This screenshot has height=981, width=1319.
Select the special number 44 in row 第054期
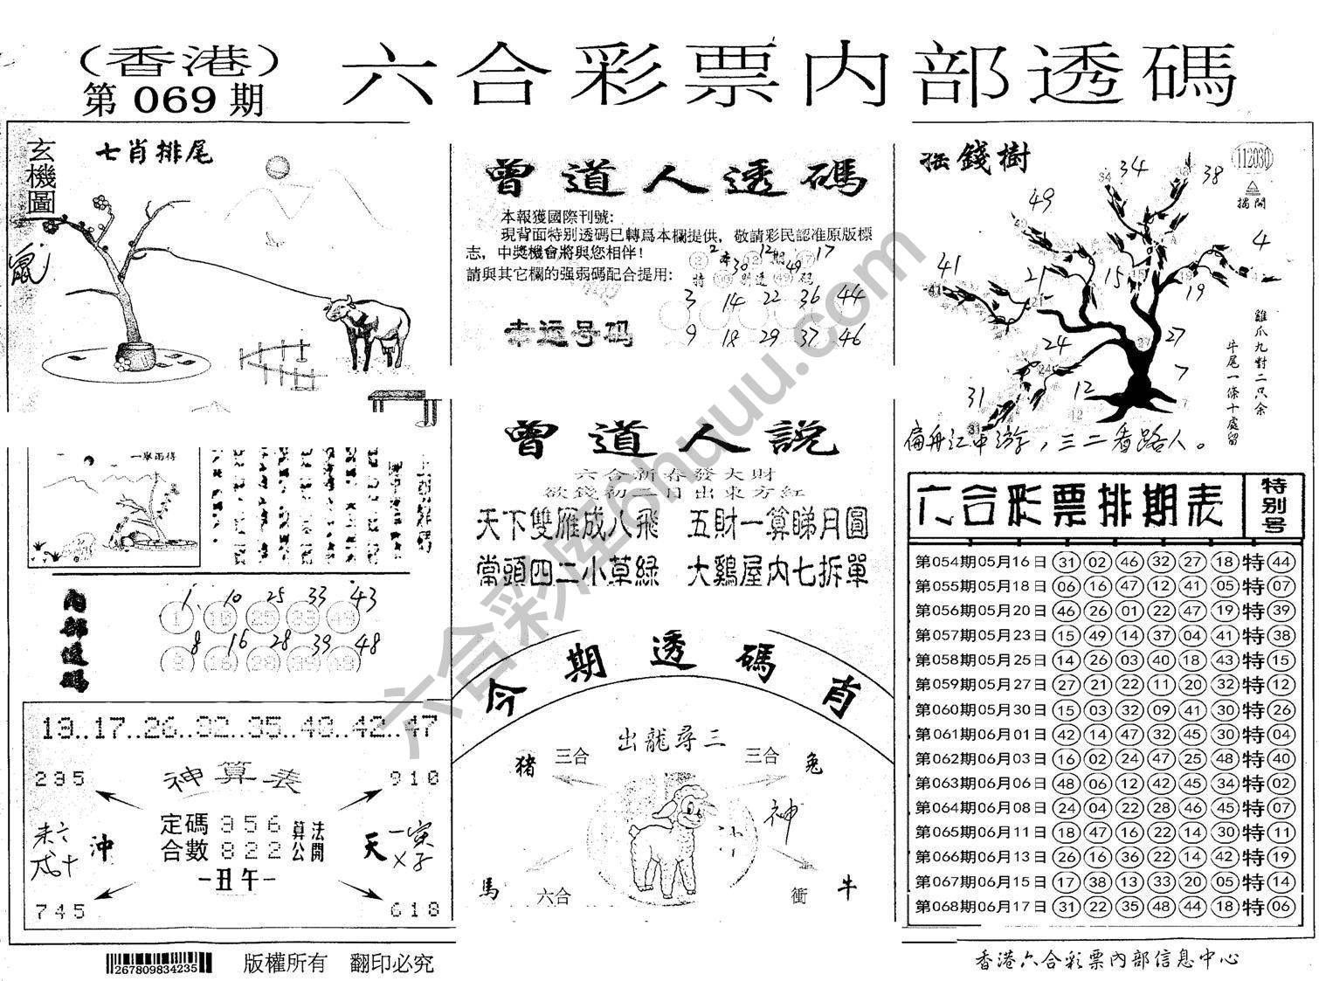(x=1281, y=562)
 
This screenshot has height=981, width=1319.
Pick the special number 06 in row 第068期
(x=1281, y=907)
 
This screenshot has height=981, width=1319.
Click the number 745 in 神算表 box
(x=61, y=911)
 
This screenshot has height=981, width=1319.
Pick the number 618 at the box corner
(x=414, y=910)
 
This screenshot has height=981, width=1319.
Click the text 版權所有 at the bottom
(x=285, y=964)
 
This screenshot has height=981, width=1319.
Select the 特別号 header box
(x=1276, y=504)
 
